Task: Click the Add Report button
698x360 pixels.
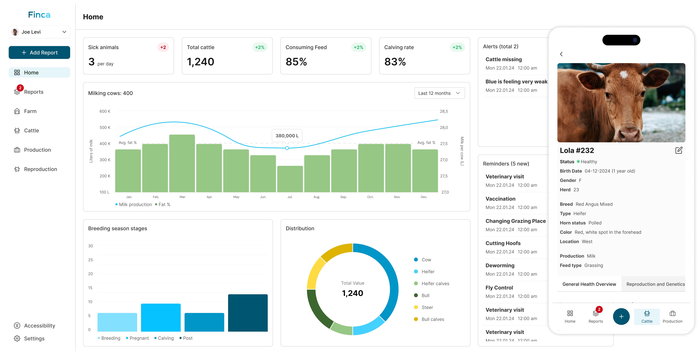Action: click(39, 53)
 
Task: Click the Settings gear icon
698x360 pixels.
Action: click(17, 339)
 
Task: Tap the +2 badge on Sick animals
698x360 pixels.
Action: click(163, 47)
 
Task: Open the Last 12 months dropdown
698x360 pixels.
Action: click(440, 93)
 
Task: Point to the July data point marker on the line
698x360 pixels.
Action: click(287, 148)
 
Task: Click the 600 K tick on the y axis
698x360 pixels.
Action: click(105, 111)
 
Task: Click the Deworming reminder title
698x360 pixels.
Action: click(500, 265)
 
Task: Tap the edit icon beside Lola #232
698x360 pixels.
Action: click(679, 150)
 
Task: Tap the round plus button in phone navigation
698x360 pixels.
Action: click(621, 317)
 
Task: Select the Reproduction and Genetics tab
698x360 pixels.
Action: click(655, 284)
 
